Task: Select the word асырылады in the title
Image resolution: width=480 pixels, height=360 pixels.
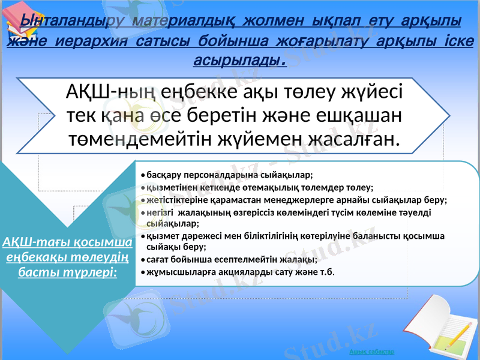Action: coord(237,61)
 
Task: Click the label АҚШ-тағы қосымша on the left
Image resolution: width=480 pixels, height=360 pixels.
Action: coord(67,242)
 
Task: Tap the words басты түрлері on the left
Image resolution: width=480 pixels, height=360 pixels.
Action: coord(67,272)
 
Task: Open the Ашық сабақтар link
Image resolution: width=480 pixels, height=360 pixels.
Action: coord(376,352)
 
